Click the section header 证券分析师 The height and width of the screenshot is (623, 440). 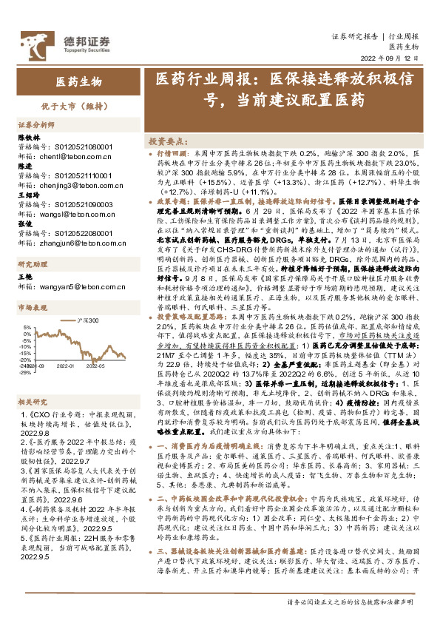(36, 125)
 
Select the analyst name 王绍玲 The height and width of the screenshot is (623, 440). (29, 196)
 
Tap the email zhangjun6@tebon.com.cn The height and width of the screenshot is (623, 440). (64, 241)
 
